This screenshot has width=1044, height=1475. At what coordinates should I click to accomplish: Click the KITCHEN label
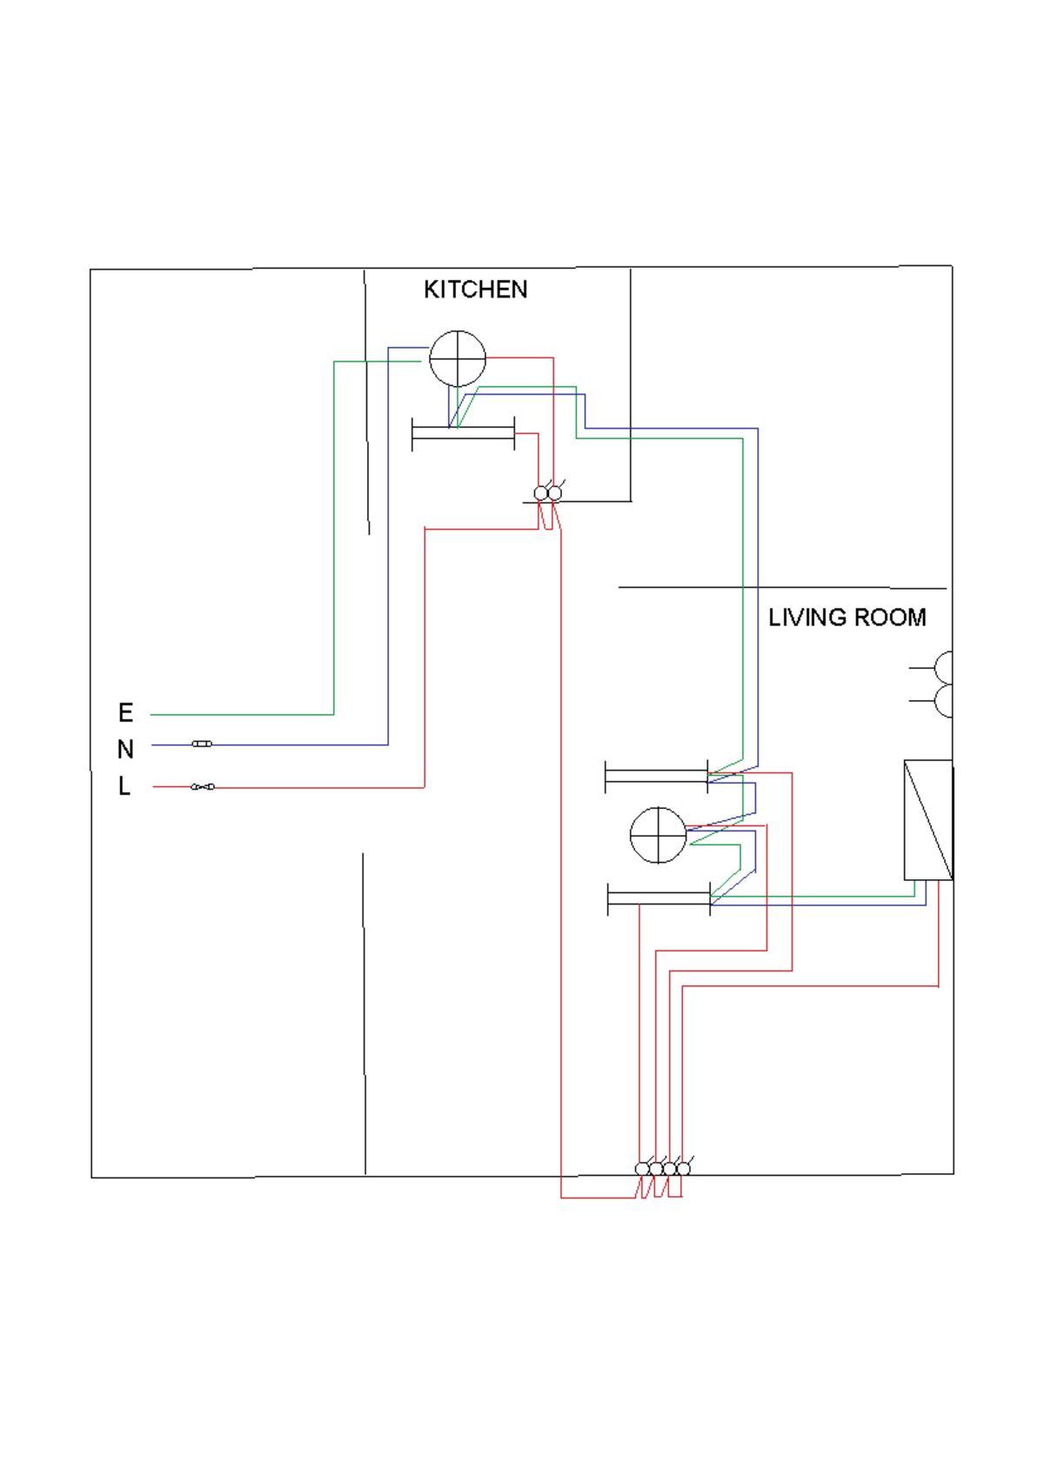tap(475, 290)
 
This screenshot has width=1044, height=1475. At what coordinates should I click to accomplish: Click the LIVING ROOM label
tap(847, 617)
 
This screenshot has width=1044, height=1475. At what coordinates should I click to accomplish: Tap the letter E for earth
tap(125, 713)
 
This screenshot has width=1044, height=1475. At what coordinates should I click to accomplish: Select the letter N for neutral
tap(125, 749)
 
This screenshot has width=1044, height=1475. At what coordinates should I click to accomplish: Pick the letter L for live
tap(124, 786)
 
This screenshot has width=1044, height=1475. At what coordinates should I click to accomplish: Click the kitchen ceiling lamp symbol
tap(458, 358)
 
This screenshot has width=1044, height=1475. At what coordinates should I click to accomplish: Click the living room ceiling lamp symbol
tap(658, 835)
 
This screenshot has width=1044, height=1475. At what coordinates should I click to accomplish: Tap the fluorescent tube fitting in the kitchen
tap(463, 433)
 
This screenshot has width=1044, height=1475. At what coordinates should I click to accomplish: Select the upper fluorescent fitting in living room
tap(656, 776)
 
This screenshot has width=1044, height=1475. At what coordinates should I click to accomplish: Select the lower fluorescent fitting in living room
tap(659, 898)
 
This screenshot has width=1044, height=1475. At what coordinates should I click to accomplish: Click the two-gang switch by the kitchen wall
tap(548, 494)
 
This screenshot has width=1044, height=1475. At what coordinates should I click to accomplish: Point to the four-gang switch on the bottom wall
tap(663, 1169)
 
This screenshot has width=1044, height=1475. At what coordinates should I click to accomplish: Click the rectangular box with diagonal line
tap(927, 820)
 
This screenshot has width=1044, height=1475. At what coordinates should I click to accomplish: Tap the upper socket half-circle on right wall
tap(943, 668)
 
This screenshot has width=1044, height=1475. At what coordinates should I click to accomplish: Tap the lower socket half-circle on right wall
tap(943, 700)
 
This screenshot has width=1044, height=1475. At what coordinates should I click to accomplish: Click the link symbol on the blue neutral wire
tap(202, 744)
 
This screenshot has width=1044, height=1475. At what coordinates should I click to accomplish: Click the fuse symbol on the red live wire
tap(203, 787)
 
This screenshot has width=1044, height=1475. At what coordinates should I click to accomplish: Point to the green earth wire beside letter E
tap(244, 715)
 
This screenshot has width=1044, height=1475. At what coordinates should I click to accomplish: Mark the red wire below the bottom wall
tap(600, 1198)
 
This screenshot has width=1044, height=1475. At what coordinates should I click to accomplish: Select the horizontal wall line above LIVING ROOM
tap(783, 588)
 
